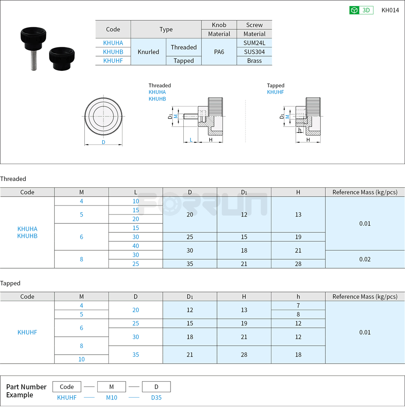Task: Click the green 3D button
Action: pyautogui.click(x=361, y=10)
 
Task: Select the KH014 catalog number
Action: pyautogui.click(x=390, y=10)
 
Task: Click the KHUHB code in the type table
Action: pyautogui.click(x=113, y=52)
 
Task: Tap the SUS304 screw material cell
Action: pyautogui.click(x=254, y=52)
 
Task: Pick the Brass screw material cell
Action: pyautogui.click(x=254, y=61)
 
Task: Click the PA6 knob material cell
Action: pyautogui.click(x=219, y=52)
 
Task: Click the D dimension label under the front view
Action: pyautogui.click(x=103, y=142)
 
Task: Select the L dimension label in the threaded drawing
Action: pyautogui.click(x=191, y=139)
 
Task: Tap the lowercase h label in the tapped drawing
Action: pyautogui.click(x=300, y=130)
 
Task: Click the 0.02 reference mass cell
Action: pyautogui.click(x=365, y=259)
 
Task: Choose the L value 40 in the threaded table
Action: pyautogui.click(x=136, y=246)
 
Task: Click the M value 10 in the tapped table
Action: pyautogui.click(x=81, y=359)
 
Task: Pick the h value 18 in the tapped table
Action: pyautogui.click(x=298, y=355)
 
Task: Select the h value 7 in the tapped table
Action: pyautogui.click(x=298, y=306)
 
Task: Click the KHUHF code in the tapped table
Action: pyautogui.click(x=27, y=332)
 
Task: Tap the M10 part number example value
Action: pyautogui.click(x=111, y=398)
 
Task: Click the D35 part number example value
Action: pyautogui.click(x=156, y=398)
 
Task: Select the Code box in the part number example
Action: pyautogui.click(x=67, y=387)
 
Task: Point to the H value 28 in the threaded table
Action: pyautogui.click(x=298, y=264)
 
